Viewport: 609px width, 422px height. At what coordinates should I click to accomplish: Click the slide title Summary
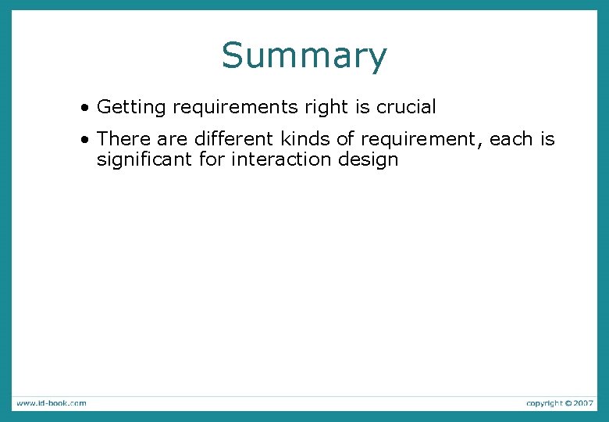click(x=304, y=56)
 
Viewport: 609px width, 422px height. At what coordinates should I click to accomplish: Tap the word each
click(x=511, y=139)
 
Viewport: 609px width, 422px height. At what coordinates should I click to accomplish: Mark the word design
click(x=369, y=160)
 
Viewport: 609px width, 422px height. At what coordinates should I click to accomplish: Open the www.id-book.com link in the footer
click(x=51, y=403)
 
